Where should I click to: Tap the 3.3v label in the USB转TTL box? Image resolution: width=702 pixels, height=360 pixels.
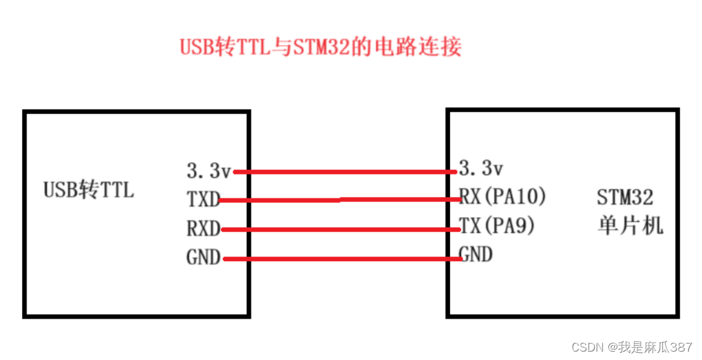click(x=208, y=171)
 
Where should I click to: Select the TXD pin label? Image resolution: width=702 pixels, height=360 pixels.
click(x=203, y=200)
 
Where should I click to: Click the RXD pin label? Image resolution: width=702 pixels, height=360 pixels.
click(x=203, y=229)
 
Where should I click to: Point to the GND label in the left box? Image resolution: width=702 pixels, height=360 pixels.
click(x=203, y=258)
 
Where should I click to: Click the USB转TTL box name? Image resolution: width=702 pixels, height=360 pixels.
click(x=89, y=189)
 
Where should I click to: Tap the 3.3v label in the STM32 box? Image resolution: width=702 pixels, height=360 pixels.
click(x=480, y=169)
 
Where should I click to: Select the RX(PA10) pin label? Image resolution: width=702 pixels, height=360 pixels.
click(x=502, y=196)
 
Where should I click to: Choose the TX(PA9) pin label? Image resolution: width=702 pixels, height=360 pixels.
click(x=497, y=225)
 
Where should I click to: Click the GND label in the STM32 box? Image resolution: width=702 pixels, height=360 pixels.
click(x=475, y=254)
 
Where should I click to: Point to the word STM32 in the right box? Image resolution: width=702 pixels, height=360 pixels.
click(x=624, y=196)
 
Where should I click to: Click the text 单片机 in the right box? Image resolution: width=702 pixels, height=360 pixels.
click(x=630, y=226)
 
